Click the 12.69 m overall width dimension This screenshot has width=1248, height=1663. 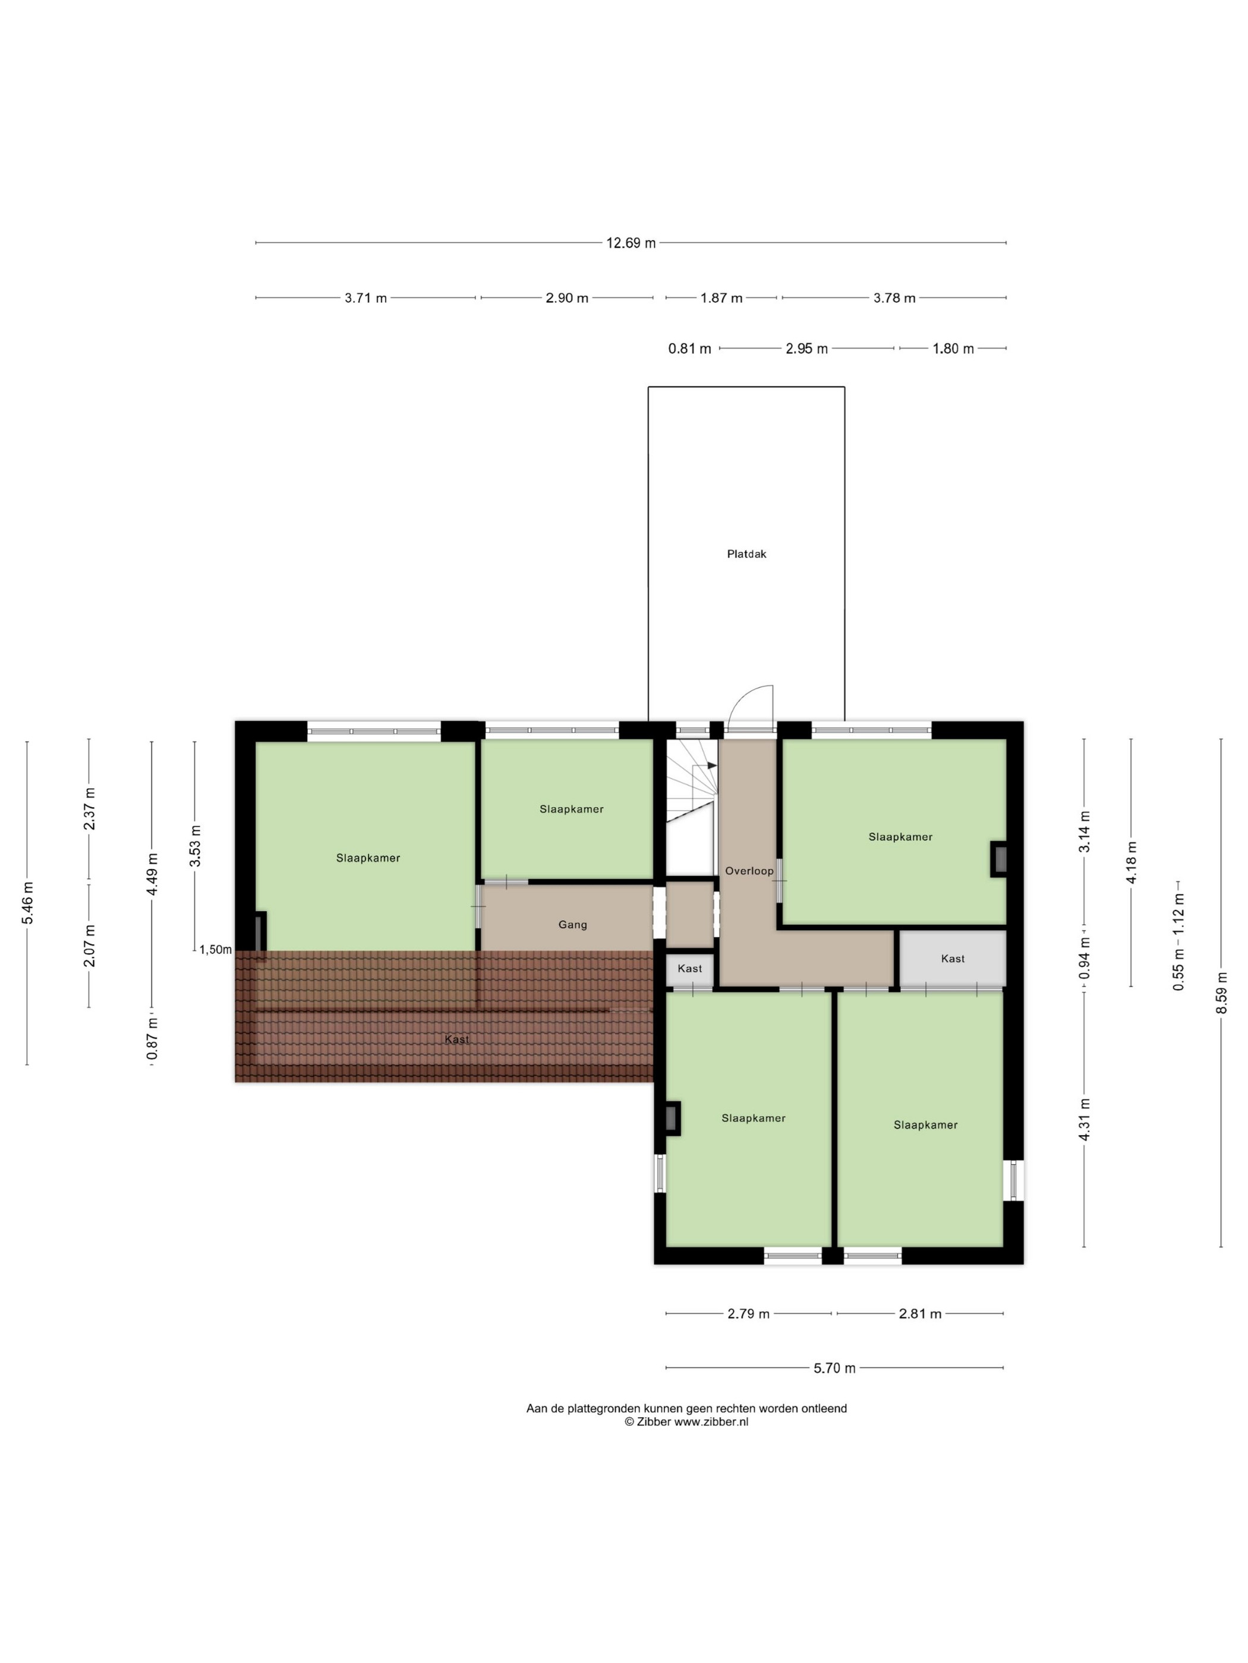click(631, 243)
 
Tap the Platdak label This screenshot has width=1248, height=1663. click(746, 554)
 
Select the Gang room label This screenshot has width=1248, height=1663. click(572, 925)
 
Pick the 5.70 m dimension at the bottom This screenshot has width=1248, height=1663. click(834, 1368)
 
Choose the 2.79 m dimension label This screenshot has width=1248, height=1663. click(748, 1314)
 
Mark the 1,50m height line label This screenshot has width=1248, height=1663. click(216, 950)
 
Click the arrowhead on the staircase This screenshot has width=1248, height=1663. click(711, 766)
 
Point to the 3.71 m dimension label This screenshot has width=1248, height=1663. click(365, 298)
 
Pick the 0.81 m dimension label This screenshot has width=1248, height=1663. click(689, 349)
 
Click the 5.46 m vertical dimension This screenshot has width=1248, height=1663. click(28, 903)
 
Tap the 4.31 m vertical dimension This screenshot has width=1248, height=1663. click(1085, 1120)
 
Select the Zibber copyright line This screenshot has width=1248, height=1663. click(686, 1422)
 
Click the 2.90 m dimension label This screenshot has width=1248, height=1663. click(566, 298)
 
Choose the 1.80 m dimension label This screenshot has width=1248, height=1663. click(953, 349)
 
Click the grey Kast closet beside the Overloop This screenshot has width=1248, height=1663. click(953, 959)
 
